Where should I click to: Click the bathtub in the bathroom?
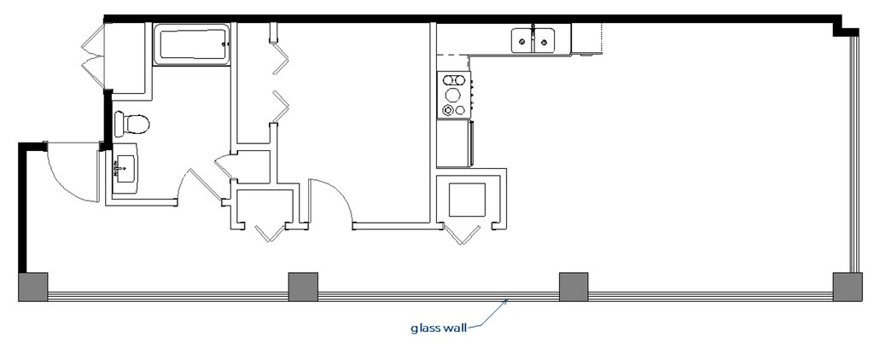tap(192, 44)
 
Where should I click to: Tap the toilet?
tap(132, 124)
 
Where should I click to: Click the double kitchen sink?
tap(533, 39)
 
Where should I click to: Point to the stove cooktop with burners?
tap(454, 95)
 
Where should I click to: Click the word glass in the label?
tap(426, 327)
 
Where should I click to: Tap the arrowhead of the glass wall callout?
tap(509, 299)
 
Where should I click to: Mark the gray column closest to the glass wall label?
tap(573, 287)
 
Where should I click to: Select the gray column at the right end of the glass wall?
tap(848, 287)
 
